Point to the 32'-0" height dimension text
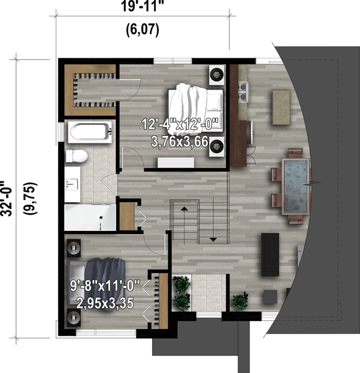(x=8, y=200)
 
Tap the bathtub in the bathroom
(x=90, y=133)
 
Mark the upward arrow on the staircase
(x=185, y=208)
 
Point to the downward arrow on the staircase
(x=213, y=238)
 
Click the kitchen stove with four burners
(x=244, y=92)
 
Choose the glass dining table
(x=295, y=185)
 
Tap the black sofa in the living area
(x=270, y=253)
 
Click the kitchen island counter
(x=282, y=102)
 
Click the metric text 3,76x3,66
(x=179, y=142)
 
